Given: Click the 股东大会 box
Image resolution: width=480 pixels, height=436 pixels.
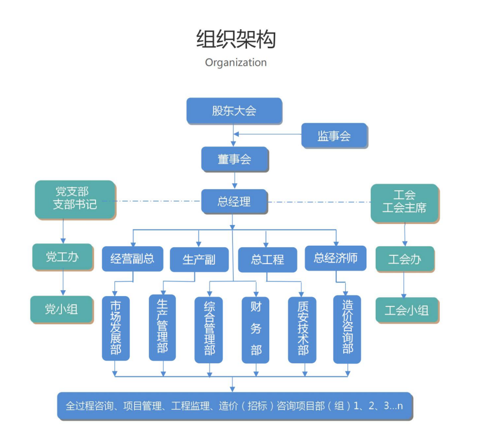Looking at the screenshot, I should (x=234, y=111).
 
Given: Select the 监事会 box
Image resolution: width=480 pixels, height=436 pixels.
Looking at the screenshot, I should (x=334, y=136).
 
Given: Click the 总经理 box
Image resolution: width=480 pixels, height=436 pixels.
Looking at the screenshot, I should (x=234, y=202).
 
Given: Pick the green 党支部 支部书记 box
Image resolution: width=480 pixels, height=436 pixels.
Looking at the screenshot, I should (x=75, y=199).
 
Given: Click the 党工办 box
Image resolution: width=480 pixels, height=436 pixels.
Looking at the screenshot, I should (x=62, y=257).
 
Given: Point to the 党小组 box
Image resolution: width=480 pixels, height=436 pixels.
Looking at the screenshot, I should (x=61, y=309).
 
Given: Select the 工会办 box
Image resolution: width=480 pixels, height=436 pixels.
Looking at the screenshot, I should (x=405, y=259).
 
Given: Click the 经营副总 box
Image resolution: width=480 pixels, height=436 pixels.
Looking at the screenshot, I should (x=132, y=259).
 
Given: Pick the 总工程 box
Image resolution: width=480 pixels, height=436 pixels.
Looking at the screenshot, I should (x=268, y=260).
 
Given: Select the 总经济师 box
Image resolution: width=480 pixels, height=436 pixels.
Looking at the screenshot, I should (x=336, y=258).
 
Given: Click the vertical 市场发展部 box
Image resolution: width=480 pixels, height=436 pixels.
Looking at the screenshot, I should (x=115, y=328).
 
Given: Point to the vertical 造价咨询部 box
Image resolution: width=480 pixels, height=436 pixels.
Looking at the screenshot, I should (x=348, y=329).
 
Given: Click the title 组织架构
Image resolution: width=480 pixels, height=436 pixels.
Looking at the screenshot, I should (x=236, y=40).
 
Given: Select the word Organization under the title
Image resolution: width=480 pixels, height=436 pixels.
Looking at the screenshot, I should (x=236, y=62).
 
